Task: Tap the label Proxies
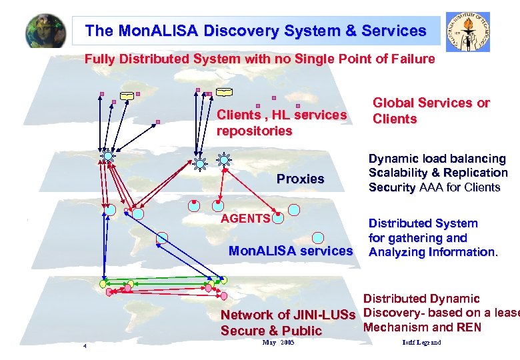pyautogui.click(x=300, y=179)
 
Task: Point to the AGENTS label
pyautogui.click(x=245, y=218)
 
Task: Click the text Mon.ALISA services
pyautogui.click(x=290, y=251)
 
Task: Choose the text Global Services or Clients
pyautogui.click(x=431, y=111)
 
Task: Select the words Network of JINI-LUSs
pyautogui.click(x=289, y=315)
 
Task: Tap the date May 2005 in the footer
pyautogui.click(x=278, y=342)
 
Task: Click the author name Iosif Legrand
pyautogui.click(x=422, y=343)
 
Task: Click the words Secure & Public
pyautogui.click(x=271, y=331)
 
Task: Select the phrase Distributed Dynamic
pyautogui.click(x=421, y=299)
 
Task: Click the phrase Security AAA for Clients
pyautogui.click(x=434, y=187)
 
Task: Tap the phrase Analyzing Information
pyautogui.click(x=433, y=252)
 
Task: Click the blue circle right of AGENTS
pyautogui.click(x=278, y=216)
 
